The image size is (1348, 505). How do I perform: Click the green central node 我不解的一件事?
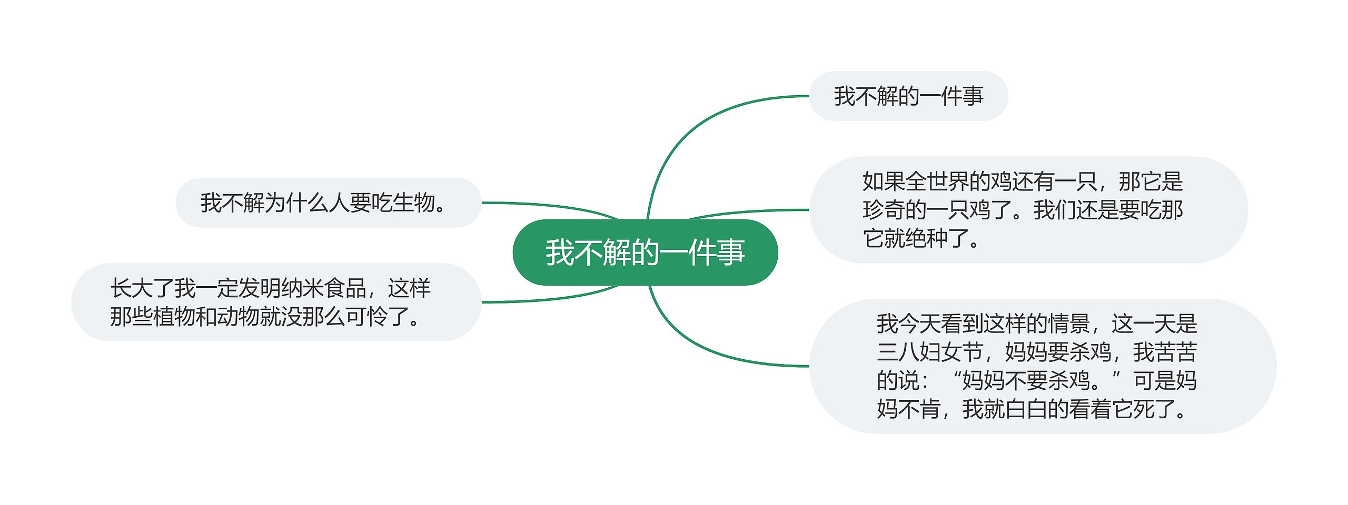coord(645,252)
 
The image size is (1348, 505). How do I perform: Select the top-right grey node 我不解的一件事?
coord(908,96)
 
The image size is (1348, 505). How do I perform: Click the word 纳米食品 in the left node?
coord(324,288)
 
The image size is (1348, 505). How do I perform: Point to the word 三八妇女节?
coord(930,352)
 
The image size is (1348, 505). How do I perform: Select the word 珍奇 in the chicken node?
coord(884,210)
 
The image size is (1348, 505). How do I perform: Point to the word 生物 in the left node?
coord(414,203)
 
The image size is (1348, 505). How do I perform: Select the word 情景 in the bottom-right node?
coord(1068,324)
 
